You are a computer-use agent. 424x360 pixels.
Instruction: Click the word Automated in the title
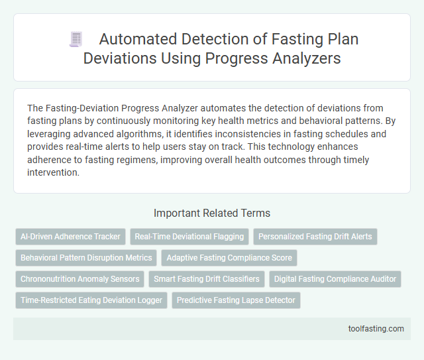[x=136, y=40]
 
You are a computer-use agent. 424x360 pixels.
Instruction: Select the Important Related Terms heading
[x=211, y=213]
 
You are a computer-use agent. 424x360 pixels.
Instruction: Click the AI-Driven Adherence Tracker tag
[x=70, y=236]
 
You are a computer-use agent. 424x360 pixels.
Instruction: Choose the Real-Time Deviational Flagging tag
[x=189, y=236]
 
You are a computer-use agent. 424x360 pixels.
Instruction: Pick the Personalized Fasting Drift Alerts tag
[x=315, y=236]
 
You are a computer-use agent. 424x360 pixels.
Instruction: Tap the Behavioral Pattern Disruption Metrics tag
[x=86, y=257]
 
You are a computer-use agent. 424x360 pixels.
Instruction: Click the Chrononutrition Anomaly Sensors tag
[x=79, y=279]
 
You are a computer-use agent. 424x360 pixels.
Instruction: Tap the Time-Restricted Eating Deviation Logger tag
[x=91, y=300]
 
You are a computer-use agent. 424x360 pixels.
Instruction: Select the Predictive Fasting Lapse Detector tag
[x=237, y=300]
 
